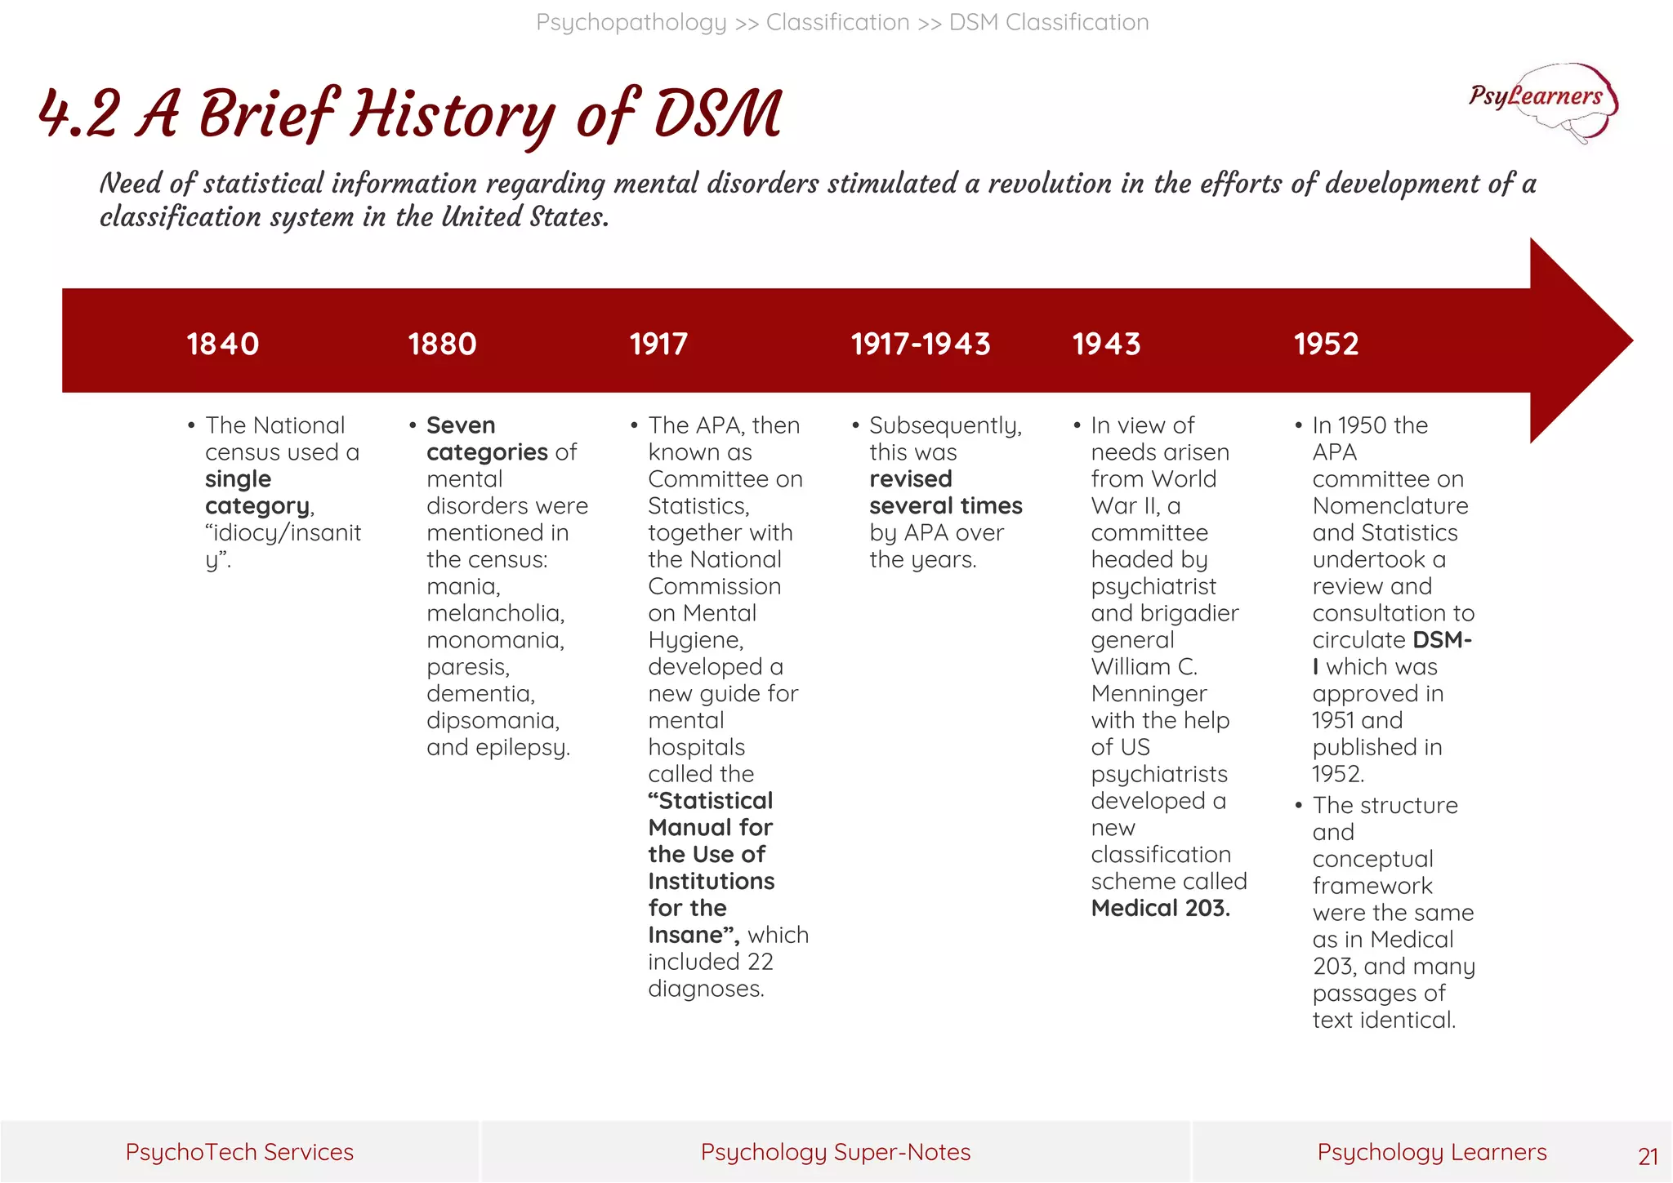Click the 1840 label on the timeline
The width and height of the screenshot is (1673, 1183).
pyautogui.click(x=222, y=344)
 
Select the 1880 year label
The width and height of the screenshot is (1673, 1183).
pyautogui.click(x=442, y=344)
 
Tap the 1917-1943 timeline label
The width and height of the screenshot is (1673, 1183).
pyautogui.click(x=920, y=344)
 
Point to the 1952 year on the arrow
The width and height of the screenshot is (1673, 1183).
pyautogui.click(x=1326, y=344)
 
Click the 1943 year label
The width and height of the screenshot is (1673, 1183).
pyautogui.click(x=1106, y=344)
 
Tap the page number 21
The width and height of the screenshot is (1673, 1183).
pyautogui.click(x=1648, y=1156)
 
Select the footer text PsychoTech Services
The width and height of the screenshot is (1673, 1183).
pyautogui.click(x=239, y=1152)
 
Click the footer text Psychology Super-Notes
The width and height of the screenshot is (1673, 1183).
pyautogui.click(x=835, y=1152)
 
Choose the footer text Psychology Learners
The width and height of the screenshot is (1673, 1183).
pyautogui.click(x=1431, y=1152)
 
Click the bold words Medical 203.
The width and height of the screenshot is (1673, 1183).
pyautogui.click(x=1160, y=908)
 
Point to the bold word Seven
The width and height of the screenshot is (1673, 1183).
pyautogui.click(x=461, y=425)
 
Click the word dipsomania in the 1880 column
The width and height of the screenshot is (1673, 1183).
pyautogui.click(x=493, y=720)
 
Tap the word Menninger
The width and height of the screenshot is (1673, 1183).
pyautogui.click(x=1149, y=693)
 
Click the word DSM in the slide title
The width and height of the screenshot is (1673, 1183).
pyautogui.click(x=718, y=114)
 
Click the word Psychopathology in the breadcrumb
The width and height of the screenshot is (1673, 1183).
pyautogui.click(x=631, y=22)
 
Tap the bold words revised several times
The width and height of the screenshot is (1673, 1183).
pyautogui.click(x=945, y=492)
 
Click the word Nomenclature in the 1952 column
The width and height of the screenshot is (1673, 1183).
pyautogui.click(x=1390, y=505)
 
